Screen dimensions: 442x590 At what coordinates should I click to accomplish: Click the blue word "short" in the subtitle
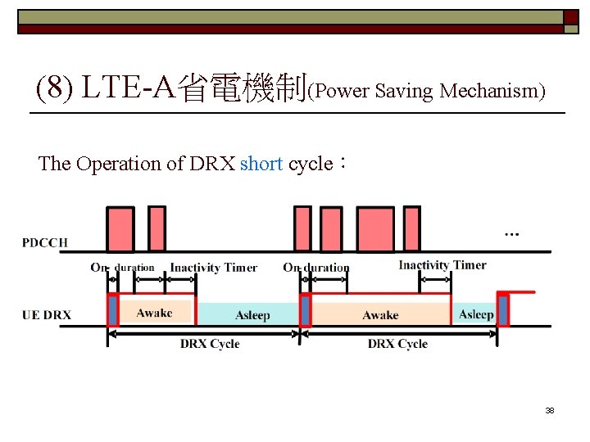(261, 164)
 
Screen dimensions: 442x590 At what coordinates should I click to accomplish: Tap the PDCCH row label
(45, 242)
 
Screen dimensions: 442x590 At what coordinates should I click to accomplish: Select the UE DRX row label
(47, 314)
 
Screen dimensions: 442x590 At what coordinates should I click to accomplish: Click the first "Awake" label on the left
(154, 313)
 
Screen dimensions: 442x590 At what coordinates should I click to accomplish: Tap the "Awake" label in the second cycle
(380, 315)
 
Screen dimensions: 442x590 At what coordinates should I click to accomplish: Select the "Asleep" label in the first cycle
(252, 315)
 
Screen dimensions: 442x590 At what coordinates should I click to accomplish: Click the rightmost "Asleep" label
(475, 314)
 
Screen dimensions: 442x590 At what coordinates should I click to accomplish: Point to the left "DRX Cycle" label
(210, 344)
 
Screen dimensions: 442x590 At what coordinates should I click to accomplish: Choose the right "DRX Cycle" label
(397, 344)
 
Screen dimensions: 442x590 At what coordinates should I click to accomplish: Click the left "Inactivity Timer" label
(213, 268)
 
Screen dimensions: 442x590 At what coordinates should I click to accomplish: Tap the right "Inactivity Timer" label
(442, 265)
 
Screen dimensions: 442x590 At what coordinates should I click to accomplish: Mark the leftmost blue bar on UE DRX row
(113, 310)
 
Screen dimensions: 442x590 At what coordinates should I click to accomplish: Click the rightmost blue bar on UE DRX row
(503, 310)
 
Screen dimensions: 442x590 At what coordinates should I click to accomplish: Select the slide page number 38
(550, 410)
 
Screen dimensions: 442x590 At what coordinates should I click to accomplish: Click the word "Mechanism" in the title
(492, 91)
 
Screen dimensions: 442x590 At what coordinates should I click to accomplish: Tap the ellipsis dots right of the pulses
(511, 235)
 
